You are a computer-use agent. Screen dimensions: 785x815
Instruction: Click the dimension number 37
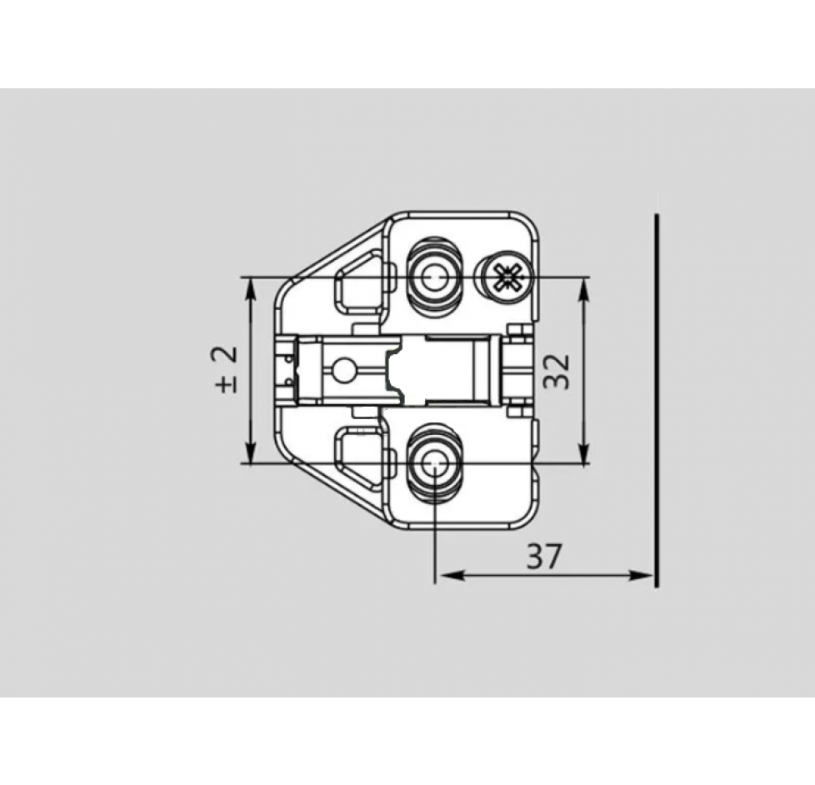click(545, 556)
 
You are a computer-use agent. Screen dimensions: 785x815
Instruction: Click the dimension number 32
click(556, 370)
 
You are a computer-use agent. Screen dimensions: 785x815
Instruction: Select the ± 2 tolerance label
click(226, 368)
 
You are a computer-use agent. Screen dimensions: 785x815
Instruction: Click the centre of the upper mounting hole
click(432, 277)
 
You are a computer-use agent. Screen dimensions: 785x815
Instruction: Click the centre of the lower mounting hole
click(434, 463)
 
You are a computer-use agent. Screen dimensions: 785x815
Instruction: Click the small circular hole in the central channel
click(342, 367)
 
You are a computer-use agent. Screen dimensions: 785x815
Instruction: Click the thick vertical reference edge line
click(657, 400)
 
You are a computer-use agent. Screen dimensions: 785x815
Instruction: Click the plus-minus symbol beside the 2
click(226, 384)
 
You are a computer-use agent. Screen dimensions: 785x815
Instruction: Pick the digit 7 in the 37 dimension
click(555, 556)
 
